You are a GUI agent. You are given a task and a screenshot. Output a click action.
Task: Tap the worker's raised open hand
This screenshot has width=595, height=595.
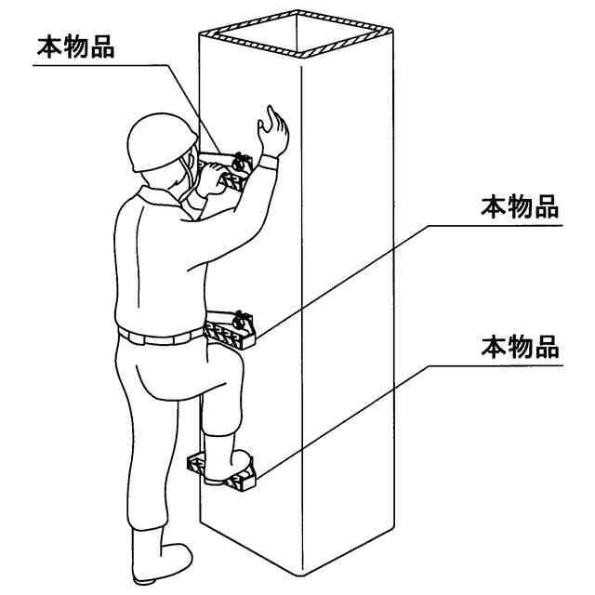(x=272, y=131)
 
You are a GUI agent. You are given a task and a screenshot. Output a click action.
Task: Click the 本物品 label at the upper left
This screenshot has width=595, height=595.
(x=76, y=47)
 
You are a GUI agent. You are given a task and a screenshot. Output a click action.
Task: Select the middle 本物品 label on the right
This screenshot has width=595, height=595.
(x=520, y=206)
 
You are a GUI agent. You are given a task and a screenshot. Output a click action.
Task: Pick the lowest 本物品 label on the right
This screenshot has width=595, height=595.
(x=520, y=347)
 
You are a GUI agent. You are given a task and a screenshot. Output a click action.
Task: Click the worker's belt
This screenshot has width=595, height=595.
(x=160, y=337)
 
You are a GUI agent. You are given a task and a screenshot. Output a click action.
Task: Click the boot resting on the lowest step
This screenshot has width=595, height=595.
(x=227, y=460)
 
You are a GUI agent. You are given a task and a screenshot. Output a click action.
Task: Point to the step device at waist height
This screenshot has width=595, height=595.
(x=230, y=329)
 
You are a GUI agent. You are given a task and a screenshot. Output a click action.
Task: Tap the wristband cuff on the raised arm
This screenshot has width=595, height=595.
(x=269, y=163)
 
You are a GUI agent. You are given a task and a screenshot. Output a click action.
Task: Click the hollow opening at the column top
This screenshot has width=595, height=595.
(x=297, y=33)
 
